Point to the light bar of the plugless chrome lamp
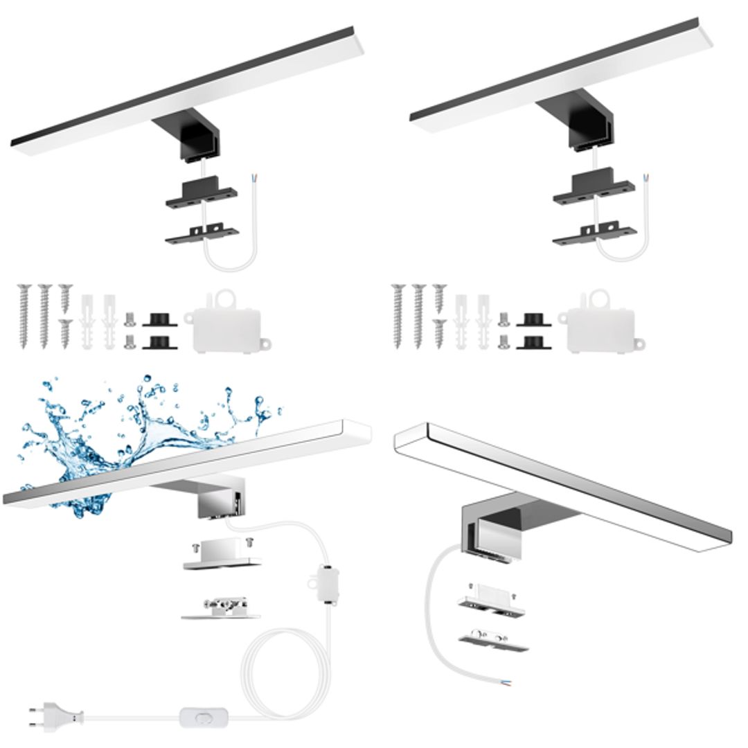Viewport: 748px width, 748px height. point(561,485)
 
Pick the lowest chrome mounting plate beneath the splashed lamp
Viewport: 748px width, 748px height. point(221,609)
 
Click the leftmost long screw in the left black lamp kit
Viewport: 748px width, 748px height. point(24,315)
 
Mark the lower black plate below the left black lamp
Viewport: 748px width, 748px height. point(202,233)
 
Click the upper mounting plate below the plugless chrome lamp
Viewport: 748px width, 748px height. point(491,601)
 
